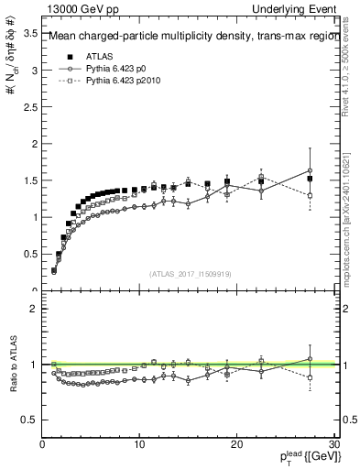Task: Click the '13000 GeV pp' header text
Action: click(x=76, y=8)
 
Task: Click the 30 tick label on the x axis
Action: click(x=333, y=443)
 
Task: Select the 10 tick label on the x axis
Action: click(x=139, y=443)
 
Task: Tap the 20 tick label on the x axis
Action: click(x=236, y=443)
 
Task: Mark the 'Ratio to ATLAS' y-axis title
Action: click(x=12, y=364)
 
